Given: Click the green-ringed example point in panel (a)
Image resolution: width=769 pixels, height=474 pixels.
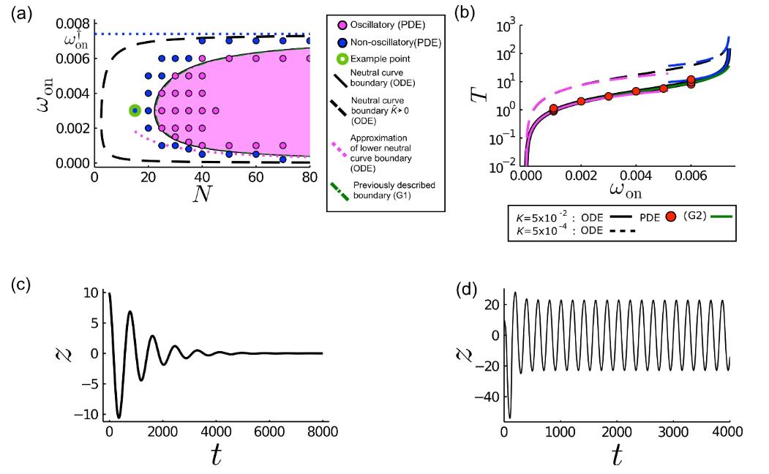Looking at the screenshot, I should (135, 110).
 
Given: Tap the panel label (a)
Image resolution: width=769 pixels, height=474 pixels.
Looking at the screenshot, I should (22, 15).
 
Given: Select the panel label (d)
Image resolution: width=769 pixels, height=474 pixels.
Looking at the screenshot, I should (467, 292).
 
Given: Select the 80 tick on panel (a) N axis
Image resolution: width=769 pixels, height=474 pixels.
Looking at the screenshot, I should (310, 177).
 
